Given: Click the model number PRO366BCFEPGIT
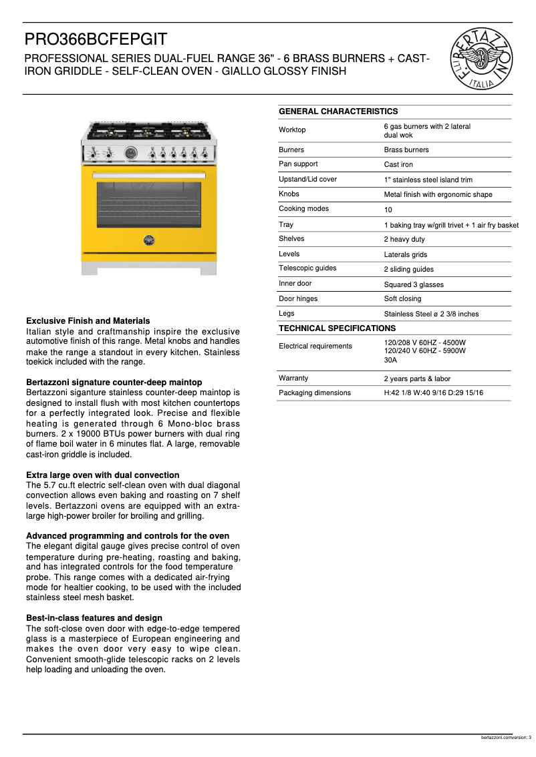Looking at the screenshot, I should tap(96, 39).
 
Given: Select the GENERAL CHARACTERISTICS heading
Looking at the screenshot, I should tap(338, 111).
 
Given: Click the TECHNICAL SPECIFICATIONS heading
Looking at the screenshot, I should tap(337, 328).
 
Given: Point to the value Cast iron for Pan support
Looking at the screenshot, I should tap(398, 164).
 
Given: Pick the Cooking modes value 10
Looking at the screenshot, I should tap(388, 210).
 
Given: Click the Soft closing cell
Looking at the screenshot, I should tap(402, 299).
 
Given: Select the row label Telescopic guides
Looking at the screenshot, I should tap(307, 268).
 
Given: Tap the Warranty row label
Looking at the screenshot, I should tap(293, 378).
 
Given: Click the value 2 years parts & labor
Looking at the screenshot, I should tap(417, 378).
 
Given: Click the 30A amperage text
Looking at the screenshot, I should tap(390, 360).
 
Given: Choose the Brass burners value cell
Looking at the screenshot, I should tap(406, 150).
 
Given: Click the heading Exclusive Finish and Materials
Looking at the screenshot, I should tap(88, 321).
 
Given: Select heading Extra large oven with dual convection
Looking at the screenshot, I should tap(102, 475).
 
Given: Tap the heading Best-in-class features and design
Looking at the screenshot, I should tap(94, 618).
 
